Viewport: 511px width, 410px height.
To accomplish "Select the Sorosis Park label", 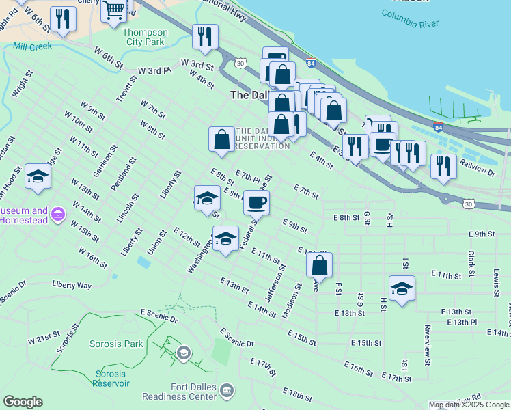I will [x=116, y=344].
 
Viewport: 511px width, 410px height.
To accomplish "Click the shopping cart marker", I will [x=113, y=10].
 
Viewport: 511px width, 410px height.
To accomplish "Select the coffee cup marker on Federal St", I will [x=256, y=203].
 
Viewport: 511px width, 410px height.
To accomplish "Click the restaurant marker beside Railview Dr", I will [x=443, y=165].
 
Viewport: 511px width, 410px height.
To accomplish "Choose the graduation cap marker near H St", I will [x=402, y=288].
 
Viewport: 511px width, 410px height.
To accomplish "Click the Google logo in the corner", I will [x=23, y=402].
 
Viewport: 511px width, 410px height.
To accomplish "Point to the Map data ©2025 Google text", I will [x=469, y=405].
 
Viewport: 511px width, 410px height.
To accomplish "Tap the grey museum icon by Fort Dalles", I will [x=227, y=391].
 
